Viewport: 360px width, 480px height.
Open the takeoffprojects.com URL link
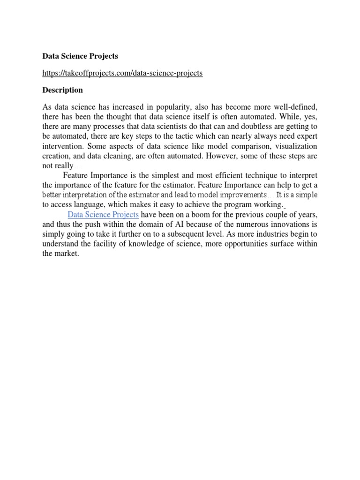click(122, 73)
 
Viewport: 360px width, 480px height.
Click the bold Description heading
click(62, 90)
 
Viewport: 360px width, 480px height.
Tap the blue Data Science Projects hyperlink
click(103, 214)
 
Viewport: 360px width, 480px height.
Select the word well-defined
click(294, 107)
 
